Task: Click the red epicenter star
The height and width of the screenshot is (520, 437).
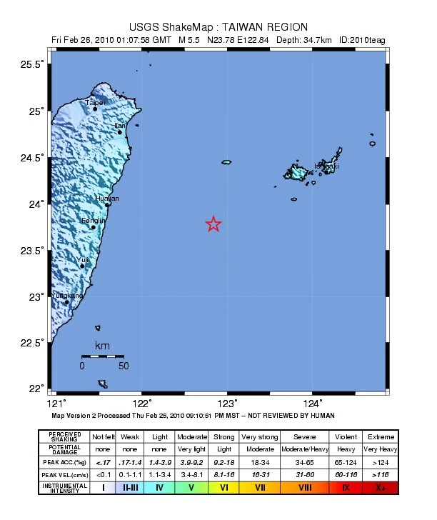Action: [x=214, y=224]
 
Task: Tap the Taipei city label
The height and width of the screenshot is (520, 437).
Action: [x=95, y=103]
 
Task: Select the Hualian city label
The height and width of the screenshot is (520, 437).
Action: [x=108, y=198]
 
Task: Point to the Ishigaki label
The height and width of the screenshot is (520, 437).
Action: [x=326, y=166]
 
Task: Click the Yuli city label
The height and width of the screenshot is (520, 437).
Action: [x=83, y=260]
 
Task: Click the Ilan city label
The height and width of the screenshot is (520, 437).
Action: [x=120, y=126]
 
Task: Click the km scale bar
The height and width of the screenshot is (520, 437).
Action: [x=102, y=356]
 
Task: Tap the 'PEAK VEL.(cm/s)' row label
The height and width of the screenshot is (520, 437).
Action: [x=64, y=474]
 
